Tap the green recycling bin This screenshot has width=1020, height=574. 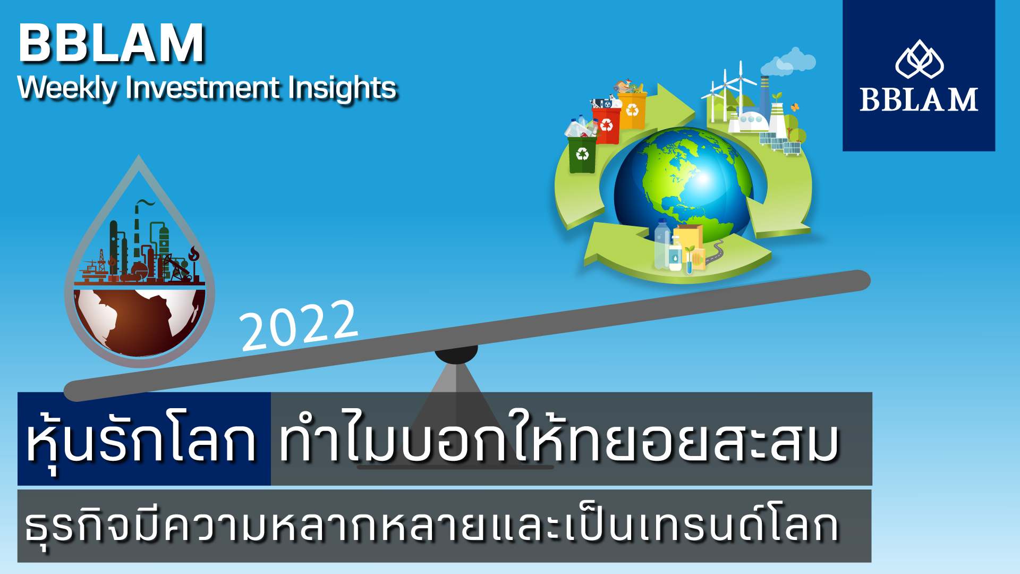click(x=582, y=154)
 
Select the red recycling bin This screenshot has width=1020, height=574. click(x=606, y=125)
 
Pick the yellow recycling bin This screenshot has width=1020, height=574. click(x=632, y=110)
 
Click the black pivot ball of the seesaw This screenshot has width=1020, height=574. click(x=456, y=352)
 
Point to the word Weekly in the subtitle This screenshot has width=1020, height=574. click(x=67, y=88)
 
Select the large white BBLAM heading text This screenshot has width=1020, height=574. click(x=112, y=44)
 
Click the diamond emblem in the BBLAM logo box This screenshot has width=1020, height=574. click(x=919, y=60)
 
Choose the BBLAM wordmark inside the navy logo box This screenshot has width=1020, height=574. click(x=919, y=99)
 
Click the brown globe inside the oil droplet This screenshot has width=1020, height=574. click(x=139, y=322)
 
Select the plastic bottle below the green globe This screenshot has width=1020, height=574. click(x=662, y=244)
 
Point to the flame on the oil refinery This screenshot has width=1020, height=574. click(x=194, y=254)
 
